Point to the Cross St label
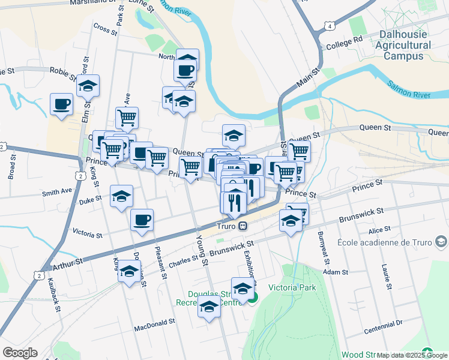104,28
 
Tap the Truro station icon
243,226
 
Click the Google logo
20,353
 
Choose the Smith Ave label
56,193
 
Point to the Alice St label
379,229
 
